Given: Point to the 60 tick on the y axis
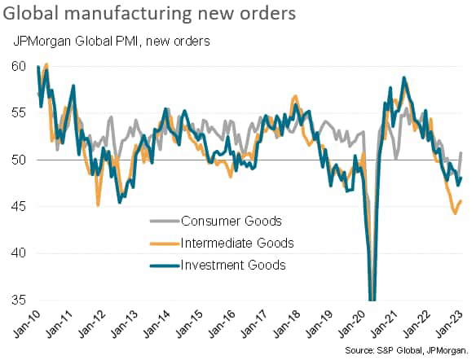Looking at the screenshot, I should point(19,66).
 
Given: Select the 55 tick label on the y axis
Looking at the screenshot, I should point(19,113).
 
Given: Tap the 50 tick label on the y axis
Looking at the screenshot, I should point(19,160).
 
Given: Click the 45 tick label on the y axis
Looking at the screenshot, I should point(19,207).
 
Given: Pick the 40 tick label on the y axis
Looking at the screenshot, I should point(19,254).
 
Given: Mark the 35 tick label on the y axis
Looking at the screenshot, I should point(19,301).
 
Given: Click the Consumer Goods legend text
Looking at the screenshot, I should point(231,221).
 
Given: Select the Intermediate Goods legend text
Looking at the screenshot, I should point(236,243).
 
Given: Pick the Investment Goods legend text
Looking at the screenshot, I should point(233,265).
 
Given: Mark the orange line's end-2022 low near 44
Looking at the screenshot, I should point(454,213).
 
